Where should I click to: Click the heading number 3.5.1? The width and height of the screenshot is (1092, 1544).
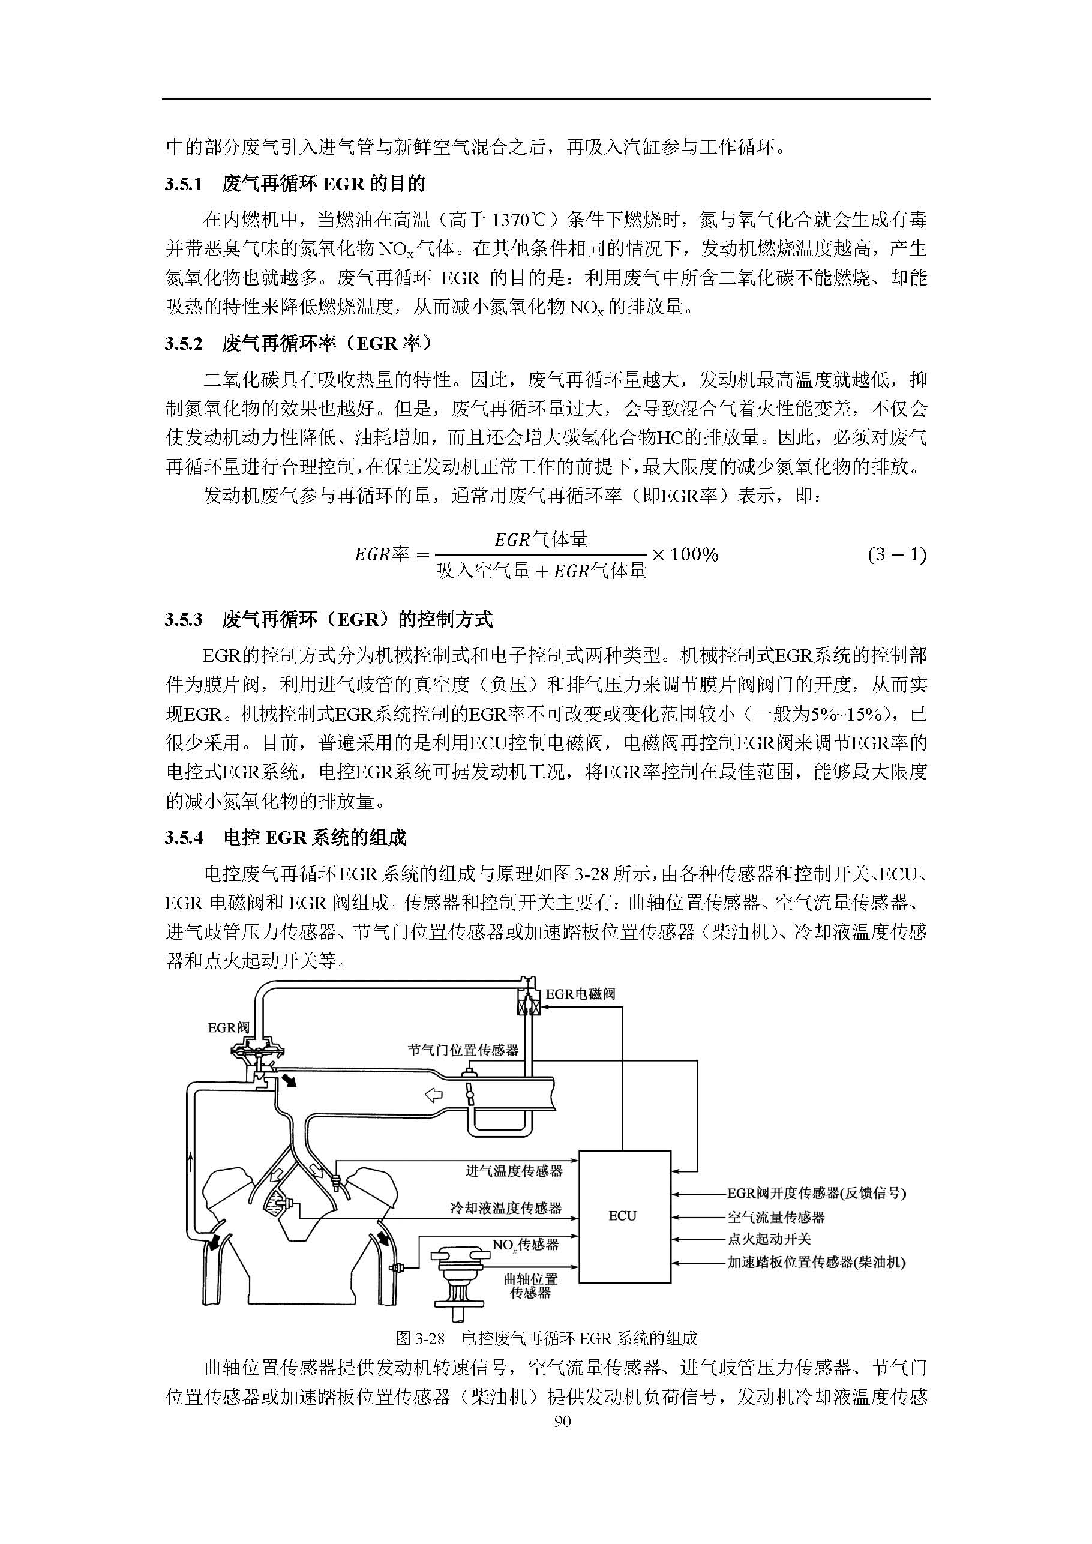(x=184, y=184)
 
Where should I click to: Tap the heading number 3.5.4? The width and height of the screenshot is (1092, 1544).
(x=184, y=838)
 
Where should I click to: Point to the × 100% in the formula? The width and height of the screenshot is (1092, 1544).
(x=685, y=555)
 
